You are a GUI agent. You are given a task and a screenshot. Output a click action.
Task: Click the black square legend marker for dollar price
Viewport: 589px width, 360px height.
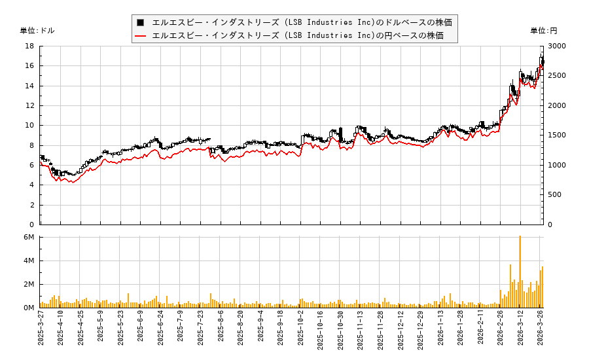(x=140, y=22)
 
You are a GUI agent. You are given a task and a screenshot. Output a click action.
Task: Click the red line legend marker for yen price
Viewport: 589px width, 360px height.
(x=140, y=35)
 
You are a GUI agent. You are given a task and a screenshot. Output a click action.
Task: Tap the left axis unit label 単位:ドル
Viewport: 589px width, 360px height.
(x=37, y=31)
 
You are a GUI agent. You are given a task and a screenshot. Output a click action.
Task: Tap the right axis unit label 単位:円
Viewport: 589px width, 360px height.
(x=543, y=31)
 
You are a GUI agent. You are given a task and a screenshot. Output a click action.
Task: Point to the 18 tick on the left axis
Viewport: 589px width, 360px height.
(x=29, y=46)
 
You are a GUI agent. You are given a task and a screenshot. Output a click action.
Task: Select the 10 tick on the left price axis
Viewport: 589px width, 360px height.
(x=29, y=126)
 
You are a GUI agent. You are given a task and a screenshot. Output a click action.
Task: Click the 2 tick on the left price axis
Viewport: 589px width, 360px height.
(x=31, y=205)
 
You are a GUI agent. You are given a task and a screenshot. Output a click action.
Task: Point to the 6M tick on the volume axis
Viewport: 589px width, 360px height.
(x=28, y=237)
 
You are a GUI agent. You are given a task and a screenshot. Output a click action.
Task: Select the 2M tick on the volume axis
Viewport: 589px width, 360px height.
(x=28, y=284)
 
